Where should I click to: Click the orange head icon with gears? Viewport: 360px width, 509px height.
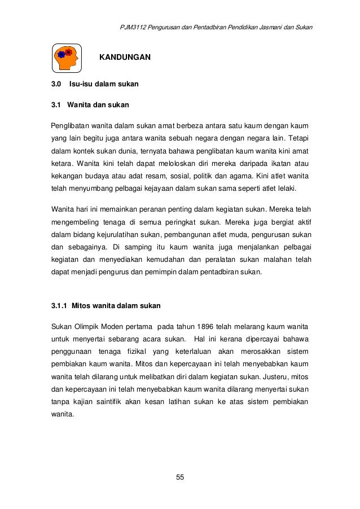(67, 56)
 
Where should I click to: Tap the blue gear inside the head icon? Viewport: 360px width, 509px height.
(62, 55)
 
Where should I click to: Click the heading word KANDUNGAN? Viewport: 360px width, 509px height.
(125, 57)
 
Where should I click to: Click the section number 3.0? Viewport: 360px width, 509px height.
(56, 85)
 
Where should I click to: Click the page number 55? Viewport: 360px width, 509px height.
(180, 477)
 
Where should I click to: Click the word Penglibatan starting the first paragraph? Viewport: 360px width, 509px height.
(71, 124)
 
